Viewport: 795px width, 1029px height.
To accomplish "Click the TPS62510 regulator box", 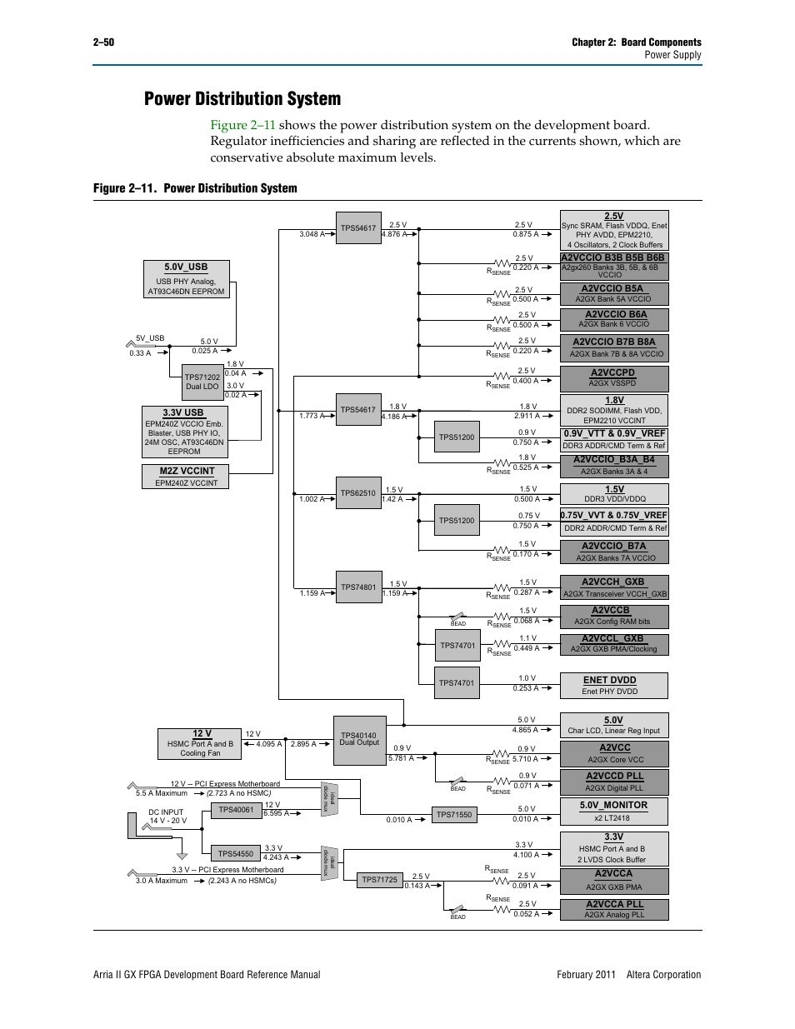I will click(358, 493).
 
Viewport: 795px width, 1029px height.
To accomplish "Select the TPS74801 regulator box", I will click(358, 587).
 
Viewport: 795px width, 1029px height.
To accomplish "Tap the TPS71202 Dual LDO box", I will click(202, 382).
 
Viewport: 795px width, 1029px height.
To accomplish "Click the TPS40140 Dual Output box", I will click(359, 740).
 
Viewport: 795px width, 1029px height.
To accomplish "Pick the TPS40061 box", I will click(236, 810).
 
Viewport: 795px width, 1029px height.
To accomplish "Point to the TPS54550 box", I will click(236, 854).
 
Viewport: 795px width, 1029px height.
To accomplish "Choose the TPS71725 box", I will click(380, 880).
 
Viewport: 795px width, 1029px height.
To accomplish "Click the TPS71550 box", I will click(454, 815).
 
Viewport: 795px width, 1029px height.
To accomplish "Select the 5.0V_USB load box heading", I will click(186, 267).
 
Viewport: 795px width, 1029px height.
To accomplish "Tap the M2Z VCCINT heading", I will click(187, 472).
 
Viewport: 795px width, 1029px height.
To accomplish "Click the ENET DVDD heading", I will click(609, 680).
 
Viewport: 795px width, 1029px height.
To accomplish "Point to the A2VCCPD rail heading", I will click(612, 373).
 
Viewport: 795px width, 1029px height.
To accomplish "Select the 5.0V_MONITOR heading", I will click(613, 805).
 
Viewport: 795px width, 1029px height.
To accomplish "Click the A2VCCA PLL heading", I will click(614, 904).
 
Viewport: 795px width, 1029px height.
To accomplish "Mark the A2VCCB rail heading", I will click(611, 611).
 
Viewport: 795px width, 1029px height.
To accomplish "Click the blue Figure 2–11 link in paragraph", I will click(242, 125).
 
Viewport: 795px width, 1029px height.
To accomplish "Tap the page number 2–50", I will click(103, 42).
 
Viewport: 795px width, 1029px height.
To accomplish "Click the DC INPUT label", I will click(166, 812).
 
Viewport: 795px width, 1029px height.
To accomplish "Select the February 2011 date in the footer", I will click(586, 975).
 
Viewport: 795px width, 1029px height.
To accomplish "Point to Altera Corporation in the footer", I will click(663, 975).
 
